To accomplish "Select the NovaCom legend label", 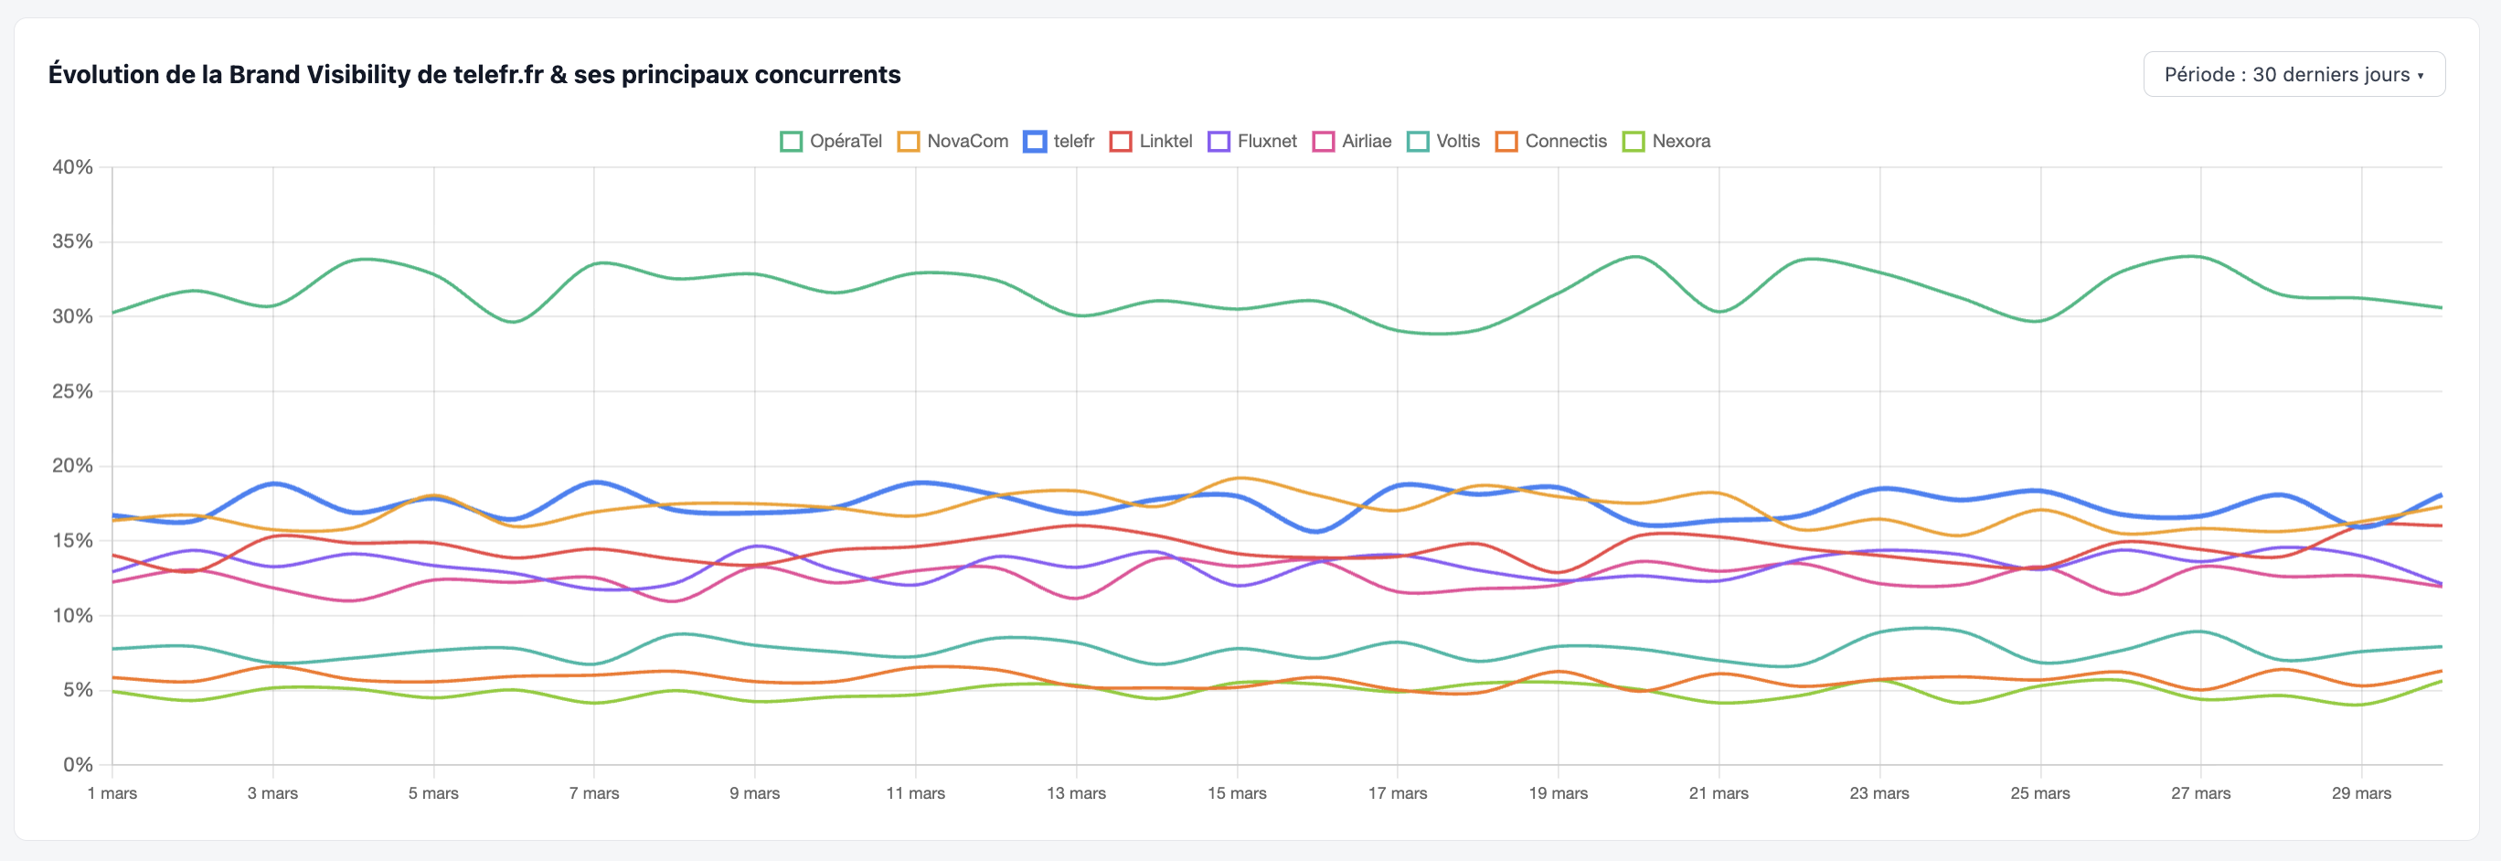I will point(967,142).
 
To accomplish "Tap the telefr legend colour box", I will point(1035,142).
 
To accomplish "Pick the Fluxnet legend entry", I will point(1265,142).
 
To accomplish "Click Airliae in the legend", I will point(1365,142).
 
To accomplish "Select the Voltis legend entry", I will point(1456,142).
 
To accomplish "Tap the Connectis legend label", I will point(1565,142).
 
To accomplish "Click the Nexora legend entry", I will point(1679,142).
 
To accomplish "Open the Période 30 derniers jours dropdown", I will point(2293,75).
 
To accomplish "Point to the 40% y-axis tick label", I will point(73,167).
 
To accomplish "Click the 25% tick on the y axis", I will point(73,391).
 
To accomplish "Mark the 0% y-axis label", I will point(78,765).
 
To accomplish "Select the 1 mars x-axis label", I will point(112,793).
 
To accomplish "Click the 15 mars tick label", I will point(1237,793).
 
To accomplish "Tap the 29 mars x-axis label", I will point(2361,793).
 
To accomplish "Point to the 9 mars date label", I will point(754,793).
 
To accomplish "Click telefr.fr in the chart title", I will point(498,75).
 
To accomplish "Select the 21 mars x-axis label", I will point(1719,793).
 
